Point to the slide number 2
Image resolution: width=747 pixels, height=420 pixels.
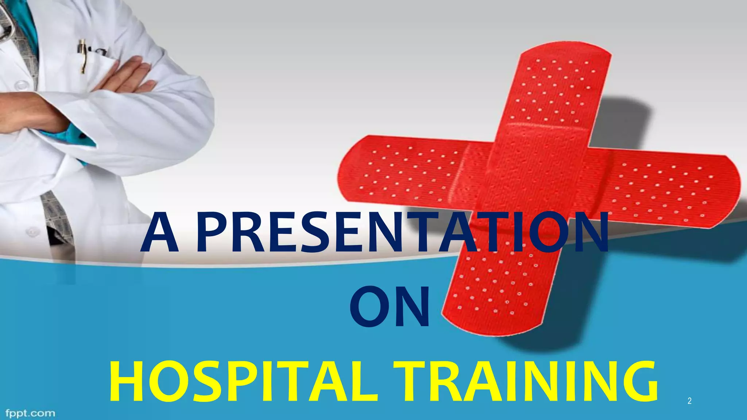[689, 401]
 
